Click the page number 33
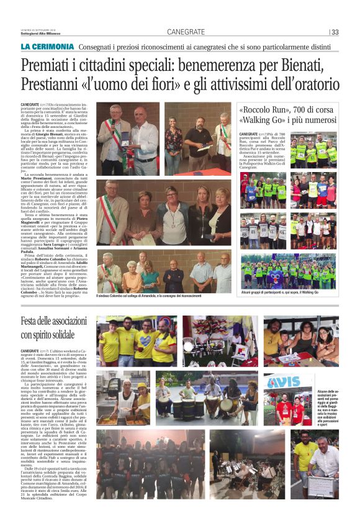coord(335,32)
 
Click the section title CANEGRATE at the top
coord(186,32)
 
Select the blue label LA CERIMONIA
coord(47,47)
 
